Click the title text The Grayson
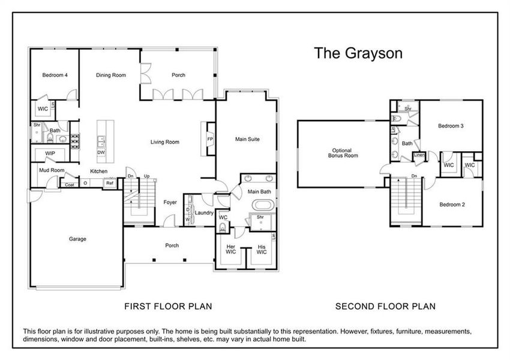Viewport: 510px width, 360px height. [358, 53]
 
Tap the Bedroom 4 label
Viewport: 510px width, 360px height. [55, 76]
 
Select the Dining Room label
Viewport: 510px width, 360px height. [111, 76]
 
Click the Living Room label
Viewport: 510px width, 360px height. [165, 142]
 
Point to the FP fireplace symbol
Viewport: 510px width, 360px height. [210, 139]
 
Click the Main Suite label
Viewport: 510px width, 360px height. [247, 139]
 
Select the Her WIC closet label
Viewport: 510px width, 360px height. [231, 250]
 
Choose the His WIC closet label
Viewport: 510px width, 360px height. [261, 250]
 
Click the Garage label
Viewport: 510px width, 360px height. [77, 239]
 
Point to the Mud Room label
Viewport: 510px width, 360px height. [52, 170]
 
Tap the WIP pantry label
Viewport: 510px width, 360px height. [50, 154]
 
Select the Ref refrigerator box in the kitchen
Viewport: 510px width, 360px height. [110, 184]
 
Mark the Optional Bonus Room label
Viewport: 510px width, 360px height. [343, 152]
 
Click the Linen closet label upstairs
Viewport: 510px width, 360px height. [420, 157]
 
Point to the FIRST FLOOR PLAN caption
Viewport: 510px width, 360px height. [168, 306]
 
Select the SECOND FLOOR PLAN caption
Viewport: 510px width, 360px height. [385, 306]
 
